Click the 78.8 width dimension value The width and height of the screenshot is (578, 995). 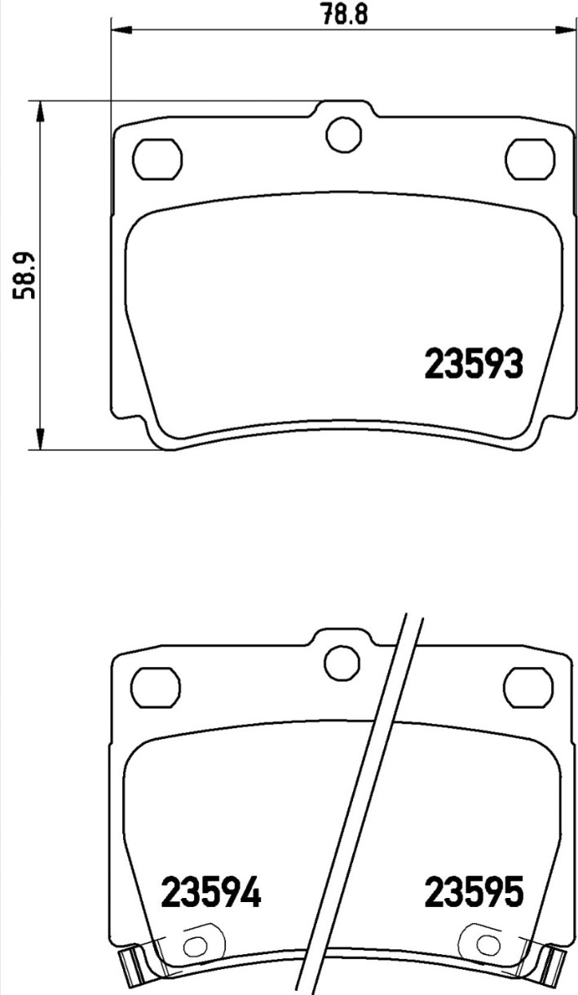point(345,14)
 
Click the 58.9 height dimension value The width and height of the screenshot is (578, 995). point(24,276)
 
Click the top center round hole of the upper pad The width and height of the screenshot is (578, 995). point(343,134)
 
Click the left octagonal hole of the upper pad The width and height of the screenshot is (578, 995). point(157,158)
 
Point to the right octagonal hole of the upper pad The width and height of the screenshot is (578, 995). point(531,158)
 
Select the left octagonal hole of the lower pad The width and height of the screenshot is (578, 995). point(157,688)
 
